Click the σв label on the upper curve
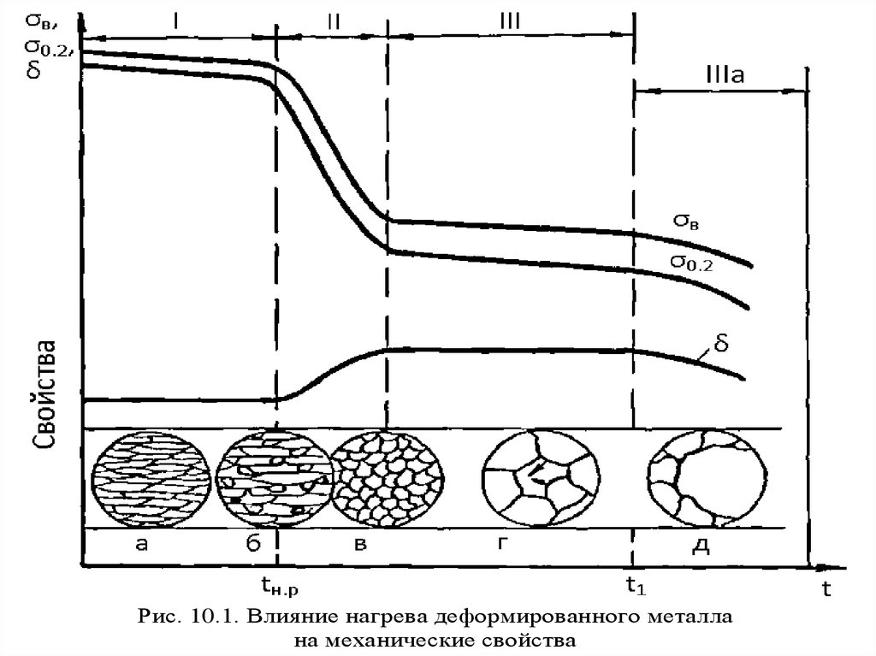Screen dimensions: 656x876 coord(689,221)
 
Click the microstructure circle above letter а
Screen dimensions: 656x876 coord(151,478)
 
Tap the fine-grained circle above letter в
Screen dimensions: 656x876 coord(387,478)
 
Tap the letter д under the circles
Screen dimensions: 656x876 coord(706,546)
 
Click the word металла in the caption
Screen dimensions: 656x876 coord(681,617)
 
